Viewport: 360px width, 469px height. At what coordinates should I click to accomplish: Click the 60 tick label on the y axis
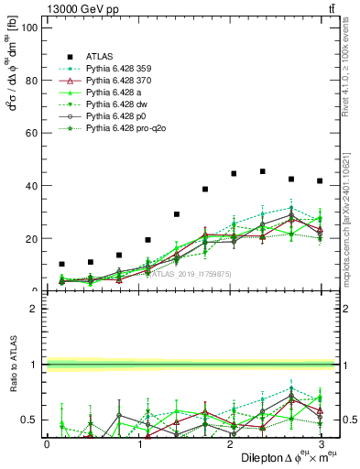click(32, 133)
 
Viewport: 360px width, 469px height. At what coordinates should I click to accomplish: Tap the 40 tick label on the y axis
click(32, 186)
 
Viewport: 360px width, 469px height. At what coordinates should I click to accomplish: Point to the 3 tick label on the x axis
click(320, 443)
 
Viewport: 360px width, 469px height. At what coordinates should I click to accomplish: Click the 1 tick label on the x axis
click(139, 443)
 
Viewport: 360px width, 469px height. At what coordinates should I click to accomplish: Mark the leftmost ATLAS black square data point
click(61, 264)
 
